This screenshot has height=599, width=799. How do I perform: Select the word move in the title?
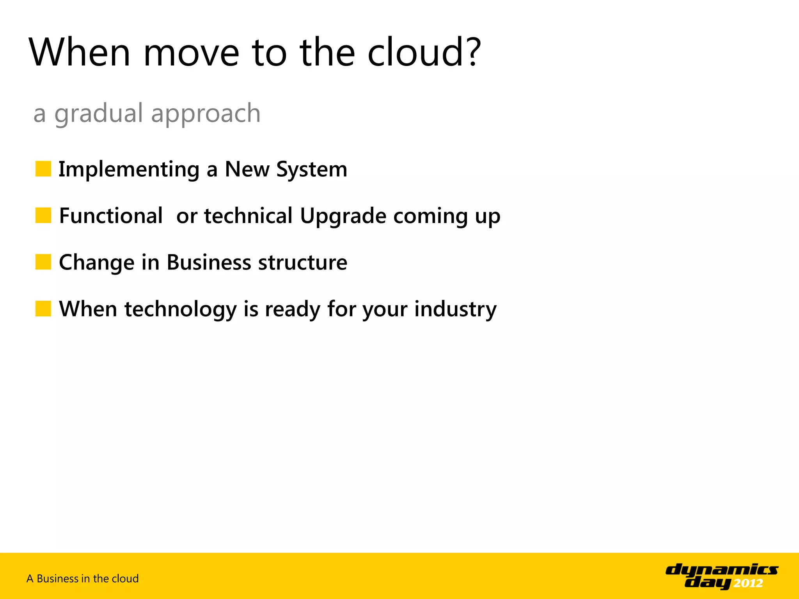click(191, 52)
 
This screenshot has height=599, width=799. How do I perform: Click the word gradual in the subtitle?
click(99, 114)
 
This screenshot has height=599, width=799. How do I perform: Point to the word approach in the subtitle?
click(206, 114)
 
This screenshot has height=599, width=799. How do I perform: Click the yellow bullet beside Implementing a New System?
click(43, 169)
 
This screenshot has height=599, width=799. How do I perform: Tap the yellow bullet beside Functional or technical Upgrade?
click(43, 215)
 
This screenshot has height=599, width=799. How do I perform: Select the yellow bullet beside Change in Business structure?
click(43, 262)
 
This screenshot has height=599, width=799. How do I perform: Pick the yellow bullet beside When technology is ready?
click(43, 308)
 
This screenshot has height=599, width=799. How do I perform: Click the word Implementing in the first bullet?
click(129, 170)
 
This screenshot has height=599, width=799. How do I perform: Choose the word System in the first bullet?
click(312, 170)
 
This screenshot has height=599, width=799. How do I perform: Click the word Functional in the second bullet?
click(111, 216)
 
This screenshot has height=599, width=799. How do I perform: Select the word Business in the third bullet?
click(209, 262)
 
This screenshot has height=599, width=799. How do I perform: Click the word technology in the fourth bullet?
click(180, 309)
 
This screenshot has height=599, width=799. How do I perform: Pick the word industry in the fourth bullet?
click(455, 309)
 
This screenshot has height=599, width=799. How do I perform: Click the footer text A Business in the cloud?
click(83, 578)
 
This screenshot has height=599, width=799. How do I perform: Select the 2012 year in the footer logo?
click(748, 583)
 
